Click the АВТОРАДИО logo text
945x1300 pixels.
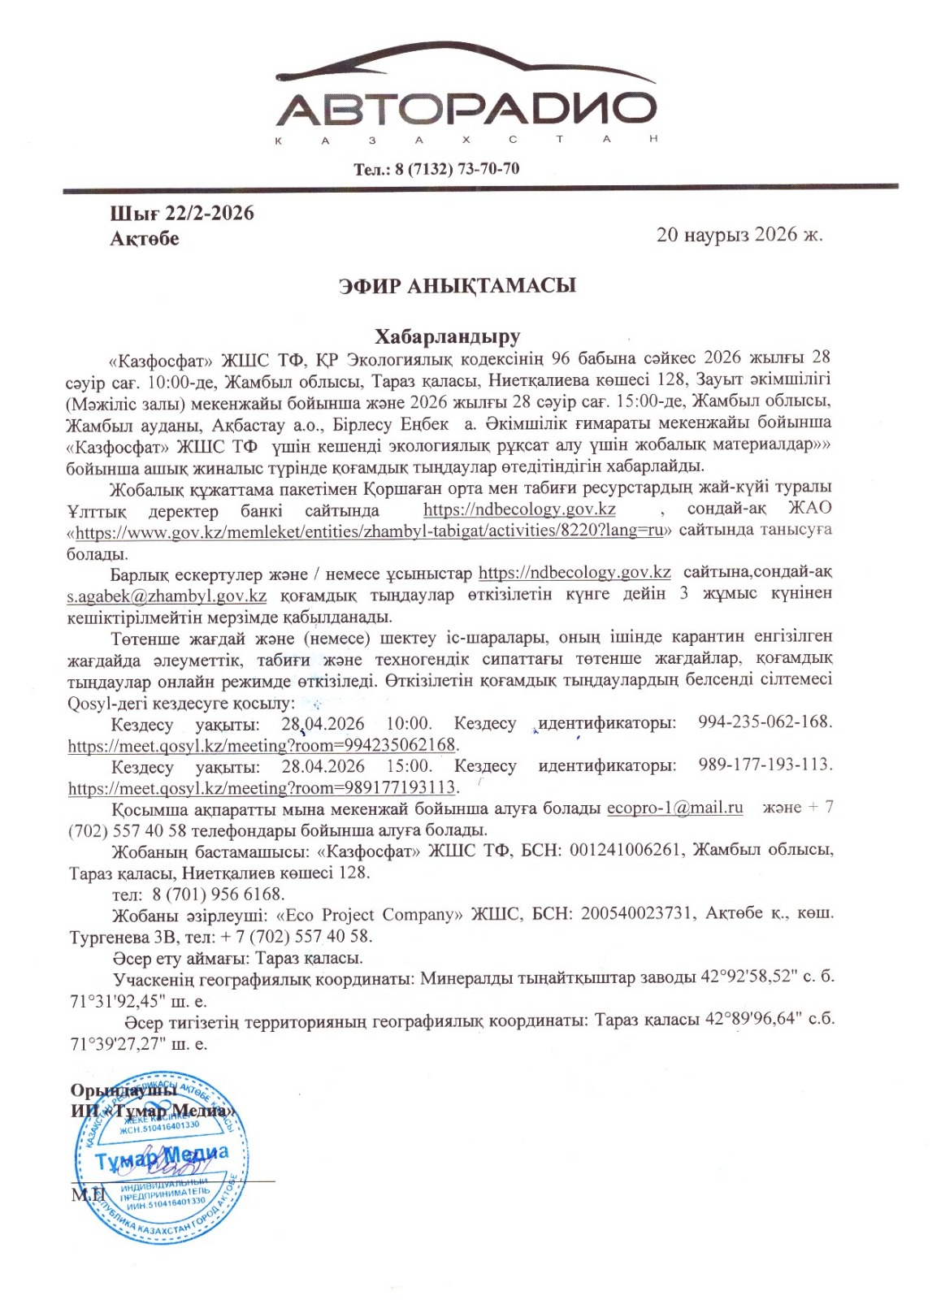pos(470,109)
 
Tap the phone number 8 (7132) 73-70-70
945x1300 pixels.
pos(457,169)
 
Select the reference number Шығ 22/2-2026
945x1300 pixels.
pos(182,214)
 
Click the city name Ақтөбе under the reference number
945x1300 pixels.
pos(145,239)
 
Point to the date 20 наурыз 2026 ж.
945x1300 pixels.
pos(739,235)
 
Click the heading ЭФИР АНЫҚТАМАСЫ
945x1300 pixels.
pos(457,286)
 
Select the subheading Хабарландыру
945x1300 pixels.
pos(447,336)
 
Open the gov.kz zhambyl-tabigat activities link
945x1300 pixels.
pos(370,531)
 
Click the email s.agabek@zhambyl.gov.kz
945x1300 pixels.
pos(167,595)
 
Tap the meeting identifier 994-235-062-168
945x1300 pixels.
pos(765,721)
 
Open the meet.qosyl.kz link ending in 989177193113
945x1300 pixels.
pos(262,787)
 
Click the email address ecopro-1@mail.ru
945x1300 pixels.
pos(675,808)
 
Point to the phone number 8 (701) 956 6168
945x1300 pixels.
pos(218,894)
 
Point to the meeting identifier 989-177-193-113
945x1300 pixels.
pos(765,765)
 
